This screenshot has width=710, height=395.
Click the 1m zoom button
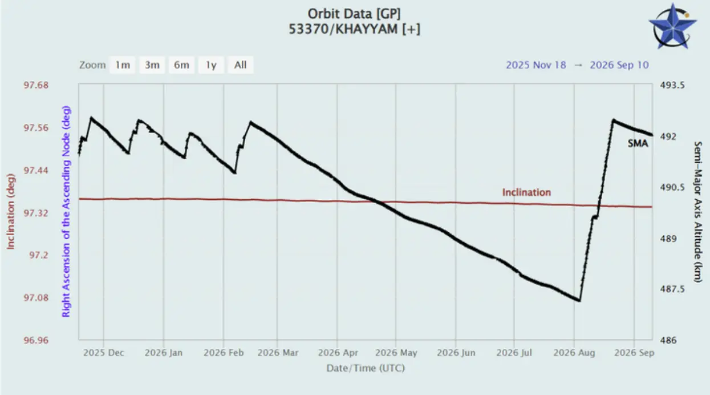click(123, 65)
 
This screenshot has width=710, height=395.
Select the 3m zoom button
click(152, 65)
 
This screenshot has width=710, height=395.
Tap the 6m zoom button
click(181, 65)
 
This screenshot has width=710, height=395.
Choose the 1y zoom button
click(211, 65)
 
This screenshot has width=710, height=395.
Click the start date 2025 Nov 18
click(536, 65)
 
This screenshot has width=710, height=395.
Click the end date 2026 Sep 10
click(619, 65)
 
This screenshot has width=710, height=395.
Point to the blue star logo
click(672, 27)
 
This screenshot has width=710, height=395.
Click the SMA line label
click(638, 144)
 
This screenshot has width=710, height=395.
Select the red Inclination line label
click(526, 192)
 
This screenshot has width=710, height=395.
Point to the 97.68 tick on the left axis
click(36, 85)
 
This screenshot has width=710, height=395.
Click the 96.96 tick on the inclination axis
click(36, 340)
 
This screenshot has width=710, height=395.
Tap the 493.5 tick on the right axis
click(672, 85)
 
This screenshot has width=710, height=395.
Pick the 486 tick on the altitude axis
click(668, 340)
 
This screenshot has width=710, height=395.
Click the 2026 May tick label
click(396, 353)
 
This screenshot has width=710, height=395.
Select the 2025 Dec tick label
click(104, 353)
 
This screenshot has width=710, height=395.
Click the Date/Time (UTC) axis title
click(366, 368)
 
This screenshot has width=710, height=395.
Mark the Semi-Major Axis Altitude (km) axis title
click(697, 212)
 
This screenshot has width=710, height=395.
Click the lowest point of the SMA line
click(579, 300)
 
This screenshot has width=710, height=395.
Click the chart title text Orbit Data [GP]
click(354, 14)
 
